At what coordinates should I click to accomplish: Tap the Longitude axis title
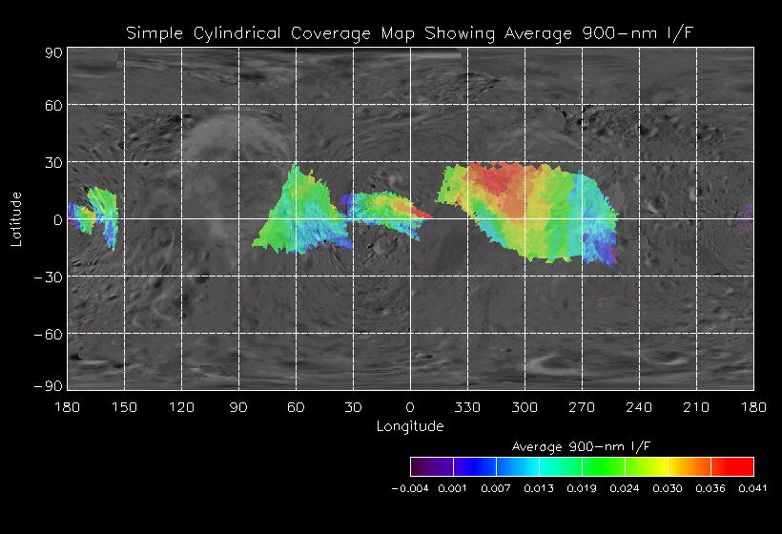pyautogui.click(x=410, y=426)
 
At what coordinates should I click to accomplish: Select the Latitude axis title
pyautogui.click(x=16, y=218)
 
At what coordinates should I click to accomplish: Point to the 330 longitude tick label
pyautogui.click(x=467, y=407)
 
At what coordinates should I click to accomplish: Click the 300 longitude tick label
pyautogui.click(x=525, y=407)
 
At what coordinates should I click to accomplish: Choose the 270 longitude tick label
pyautogui.click(x=582, y=407)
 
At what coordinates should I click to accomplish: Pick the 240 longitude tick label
pyautogui.click(x=639, y=407)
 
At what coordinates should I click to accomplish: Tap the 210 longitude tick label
pyautogui.click(x=696, y=407)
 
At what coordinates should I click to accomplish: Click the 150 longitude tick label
pyautogui.click(x=124, y=407)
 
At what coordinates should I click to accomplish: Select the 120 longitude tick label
pyautogui.click(x=181, y=407)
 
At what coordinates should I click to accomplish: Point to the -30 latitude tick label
pyautogui.click(x=50, y=277)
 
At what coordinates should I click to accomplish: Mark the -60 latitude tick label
pyautogui.click(x=50, y=334)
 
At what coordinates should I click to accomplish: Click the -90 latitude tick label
pyautogui.click(x=50, y=384)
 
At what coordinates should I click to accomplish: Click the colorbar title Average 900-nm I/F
pyautogui.click(x=582, y=446)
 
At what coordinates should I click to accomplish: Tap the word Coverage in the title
pyautogui.click(x=327, y=34)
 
